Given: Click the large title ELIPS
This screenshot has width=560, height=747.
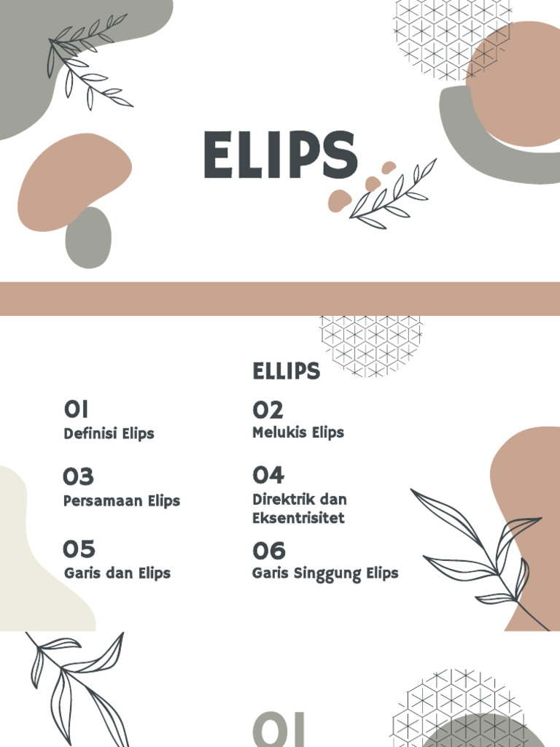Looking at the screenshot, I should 280,155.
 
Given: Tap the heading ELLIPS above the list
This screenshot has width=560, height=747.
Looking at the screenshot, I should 286,371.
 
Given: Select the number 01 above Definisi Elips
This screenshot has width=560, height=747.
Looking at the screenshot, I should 77,409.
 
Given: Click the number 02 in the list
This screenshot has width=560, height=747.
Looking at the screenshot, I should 268,409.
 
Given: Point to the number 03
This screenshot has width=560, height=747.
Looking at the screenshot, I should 78,477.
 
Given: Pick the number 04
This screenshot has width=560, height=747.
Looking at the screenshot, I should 268,476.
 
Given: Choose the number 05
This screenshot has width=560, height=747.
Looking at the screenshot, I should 79,549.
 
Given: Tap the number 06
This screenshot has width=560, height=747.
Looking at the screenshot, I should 269,550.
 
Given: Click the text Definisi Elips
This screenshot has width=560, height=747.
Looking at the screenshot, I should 109,433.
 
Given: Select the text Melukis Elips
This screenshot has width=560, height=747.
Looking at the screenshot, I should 297,433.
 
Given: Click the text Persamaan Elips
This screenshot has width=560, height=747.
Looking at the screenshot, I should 121,501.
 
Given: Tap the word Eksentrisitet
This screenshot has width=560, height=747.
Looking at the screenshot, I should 298,518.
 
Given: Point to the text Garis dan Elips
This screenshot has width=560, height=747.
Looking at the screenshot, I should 117,573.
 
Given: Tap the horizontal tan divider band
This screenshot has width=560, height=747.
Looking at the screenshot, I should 280,298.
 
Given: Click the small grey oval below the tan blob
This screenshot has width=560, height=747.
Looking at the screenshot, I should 88,238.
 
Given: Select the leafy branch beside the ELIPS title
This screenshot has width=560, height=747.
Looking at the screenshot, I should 394,193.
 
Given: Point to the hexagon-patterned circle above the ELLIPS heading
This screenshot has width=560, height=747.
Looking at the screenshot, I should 371,343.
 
